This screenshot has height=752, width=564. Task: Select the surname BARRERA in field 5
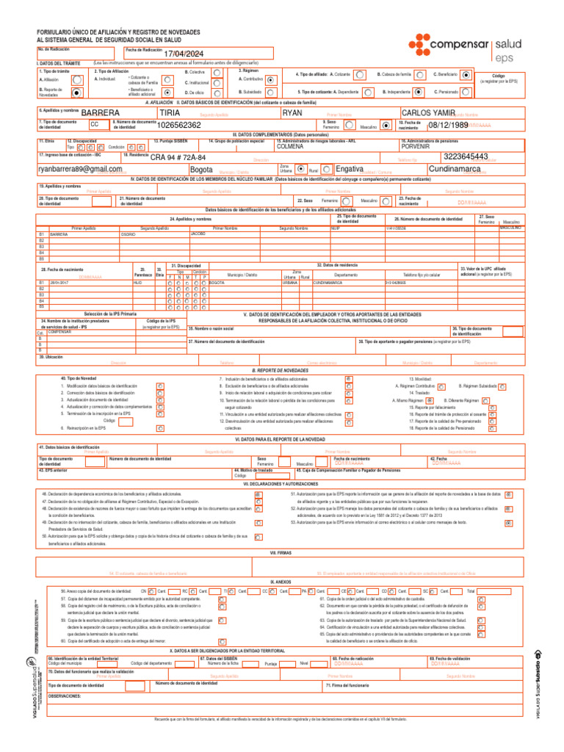101,113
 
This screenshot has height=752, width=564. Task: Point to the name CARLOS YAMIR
430,113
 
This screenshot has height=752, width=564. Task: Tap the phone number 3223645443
466,157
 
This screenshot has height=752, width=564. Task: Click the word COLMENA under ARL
289,146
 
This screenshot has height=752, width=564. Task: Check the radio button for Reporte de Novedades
77,93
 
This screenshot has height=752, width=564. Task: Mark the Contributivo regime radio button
270,79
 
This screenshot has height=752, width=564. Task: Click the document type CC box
94,124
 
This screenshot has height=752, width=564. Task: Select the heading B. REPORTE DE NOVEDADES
281,371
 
